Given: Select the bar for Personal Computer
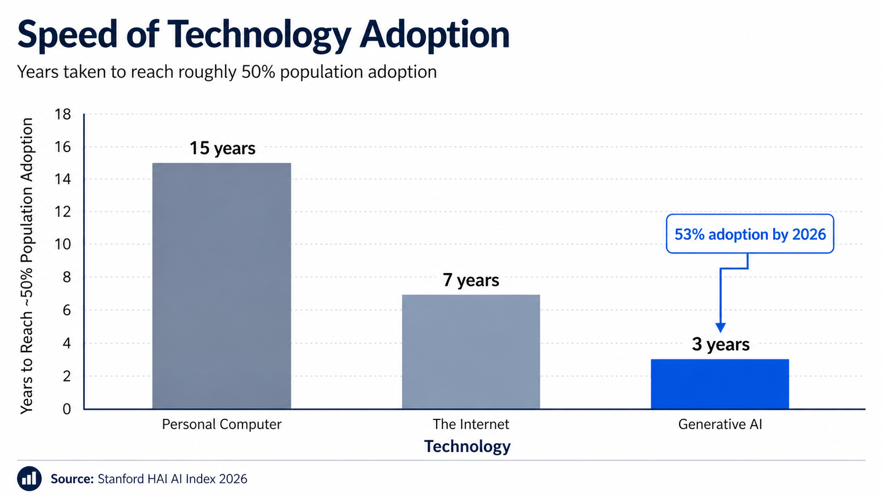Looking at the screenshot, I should click(221, 286).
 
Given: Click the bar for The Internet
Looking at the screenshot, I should click(471, 352).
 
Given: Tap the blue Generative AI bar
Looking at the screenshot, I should click(720, 384).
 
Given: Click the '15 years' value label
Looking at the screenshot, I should click(222, 148).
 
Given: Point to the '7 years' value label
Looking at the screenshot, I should click(471, 280).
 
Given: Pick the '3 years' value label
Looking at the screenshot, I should click(720, 344).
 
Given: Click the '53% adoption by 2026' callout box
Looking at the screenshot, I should click(750, 234).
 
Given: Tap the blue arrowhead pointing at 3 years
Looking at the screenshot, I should click(720, 327).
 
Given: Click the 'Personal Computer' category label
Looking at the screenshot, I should click(221, 425).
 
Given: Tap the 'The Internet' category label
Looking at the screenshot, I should click(471, 425).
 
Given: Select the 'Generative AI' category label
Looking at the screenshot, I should click(720, 425).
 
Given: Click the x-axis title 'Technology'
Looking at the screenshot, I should click(467, 447).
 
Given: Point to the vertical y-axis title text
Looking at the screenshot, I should click(27, 266).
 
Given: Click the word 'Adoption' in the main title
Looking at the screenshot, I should click(435, 34).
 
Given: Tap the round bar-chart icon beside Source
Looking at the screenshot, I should click(29, 479).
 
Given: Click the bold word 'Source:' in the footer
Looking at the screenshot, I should click(72, 479).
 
